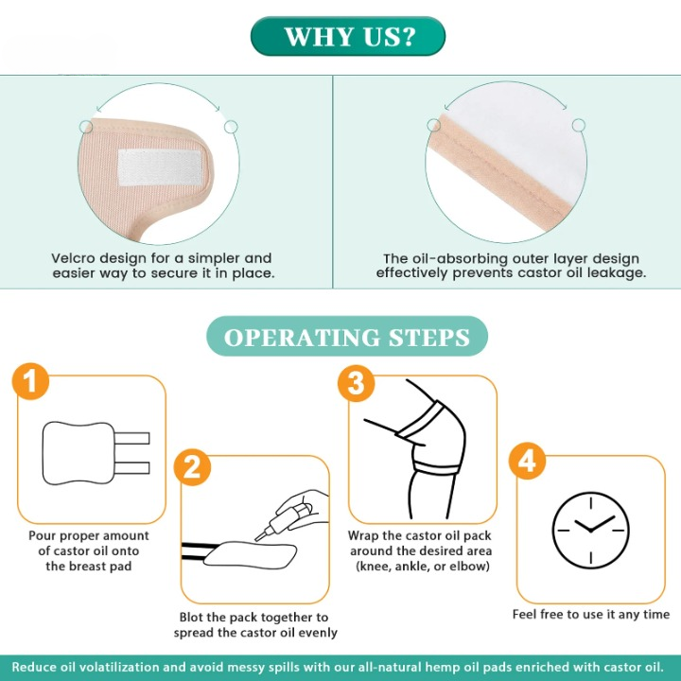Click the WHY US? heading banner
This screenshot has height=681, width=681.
(x=348, y=37)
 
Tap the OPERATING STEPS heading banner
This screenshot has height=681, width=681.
(x=346, y=337)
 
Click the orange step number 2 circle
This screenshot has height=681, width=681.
(x=193, y=466)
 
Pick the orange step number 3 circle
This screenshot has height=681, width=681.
(x=356, y=382)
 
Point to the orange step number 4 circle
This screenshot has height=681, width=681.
(x=528, y=462)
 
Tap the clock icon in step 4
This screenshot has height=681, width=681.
(x=589, y=527)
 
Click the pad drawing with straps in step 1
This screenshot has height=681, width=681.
(x=95, y=451)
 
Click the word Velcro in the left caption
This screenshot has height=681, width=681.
(x=77, y=258)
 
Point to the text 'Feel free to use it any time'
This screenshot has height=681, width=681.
(x=590, y=615)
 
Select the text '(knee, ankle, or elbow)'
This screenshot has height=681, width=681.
(x=422, y=567)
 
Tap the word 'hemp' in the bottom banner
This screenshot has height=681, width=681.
(x=462, y=667)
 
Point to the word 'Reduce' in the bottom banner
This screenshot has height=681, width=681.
(x=36, y=667)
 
